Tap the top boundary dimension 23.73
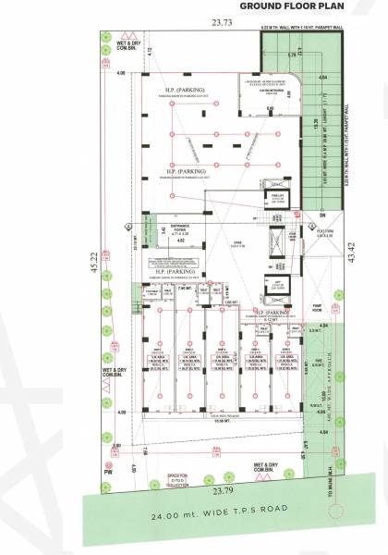point(223,23)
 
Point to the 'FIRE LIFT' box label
point(275,197)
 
